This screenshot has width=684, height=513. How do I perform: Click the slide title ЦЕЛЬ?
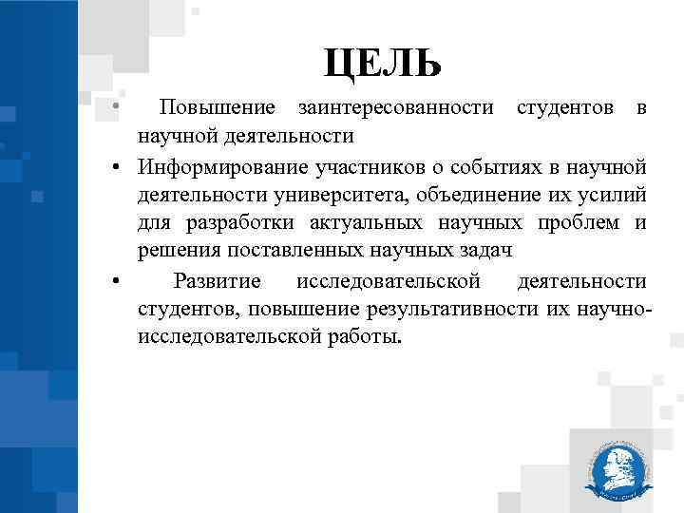click(x=382, y=64)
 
